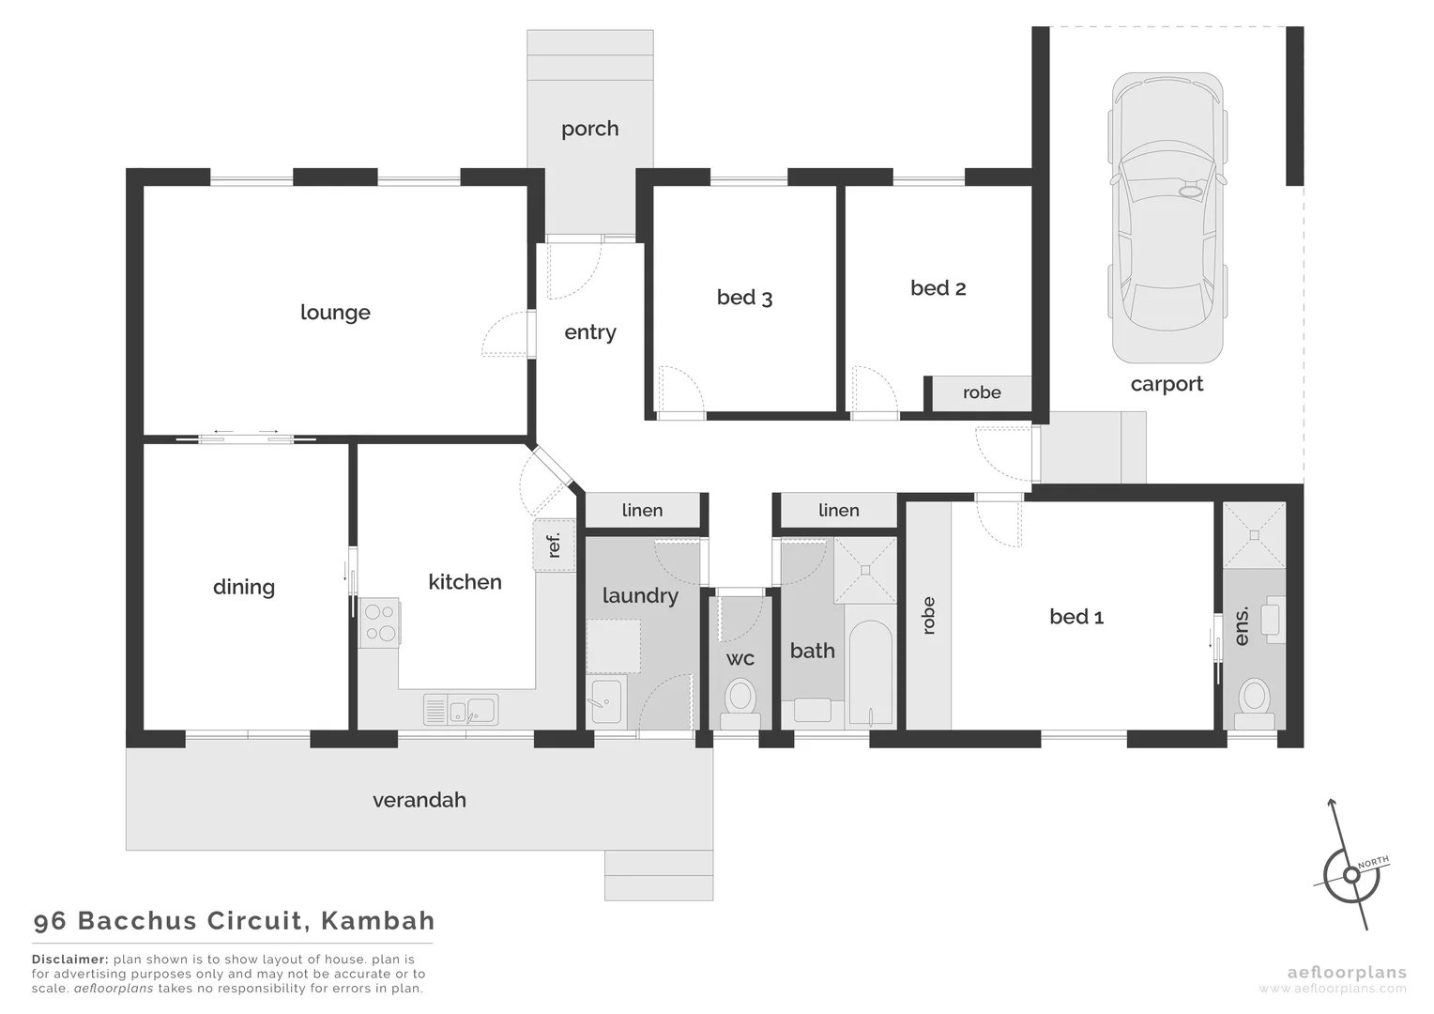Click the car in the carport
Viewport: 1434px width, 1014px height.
[x=1167, y=218]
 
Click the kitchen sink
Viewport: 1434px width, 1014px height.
[x=461, y=710]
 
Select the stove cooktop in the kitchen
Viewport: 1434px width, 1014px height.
[x=381, y=622]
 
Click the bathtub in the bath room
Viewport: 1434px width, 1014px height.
[x=871, y=672]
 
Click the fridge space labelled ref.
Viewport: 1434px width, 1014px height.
[x=554, y=545]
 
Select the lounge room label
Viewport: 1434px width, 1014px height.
[x=335, y=313]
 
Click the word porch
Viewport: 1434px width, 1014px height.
[x=589, y=129]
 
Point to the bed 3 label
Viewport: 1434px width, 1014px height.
[x=744, y=298]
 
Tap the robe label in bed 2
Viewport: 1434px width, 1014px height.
[x=982, y=392]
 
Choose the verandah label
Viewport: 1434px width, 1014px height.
[x=419, y=800]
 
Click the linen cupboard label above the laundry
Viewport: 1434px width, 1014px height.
[x=642, y=510]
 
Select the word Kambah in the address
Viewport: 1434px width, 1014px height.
[x=377, y=920]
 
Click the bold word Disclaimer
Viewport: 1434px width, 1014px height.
[x=69, y=960]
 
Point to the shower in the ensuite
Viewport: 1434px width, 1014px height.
[x=1253, y=535]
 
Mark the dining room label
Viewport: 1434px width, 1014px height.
[x=244, y=587]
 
